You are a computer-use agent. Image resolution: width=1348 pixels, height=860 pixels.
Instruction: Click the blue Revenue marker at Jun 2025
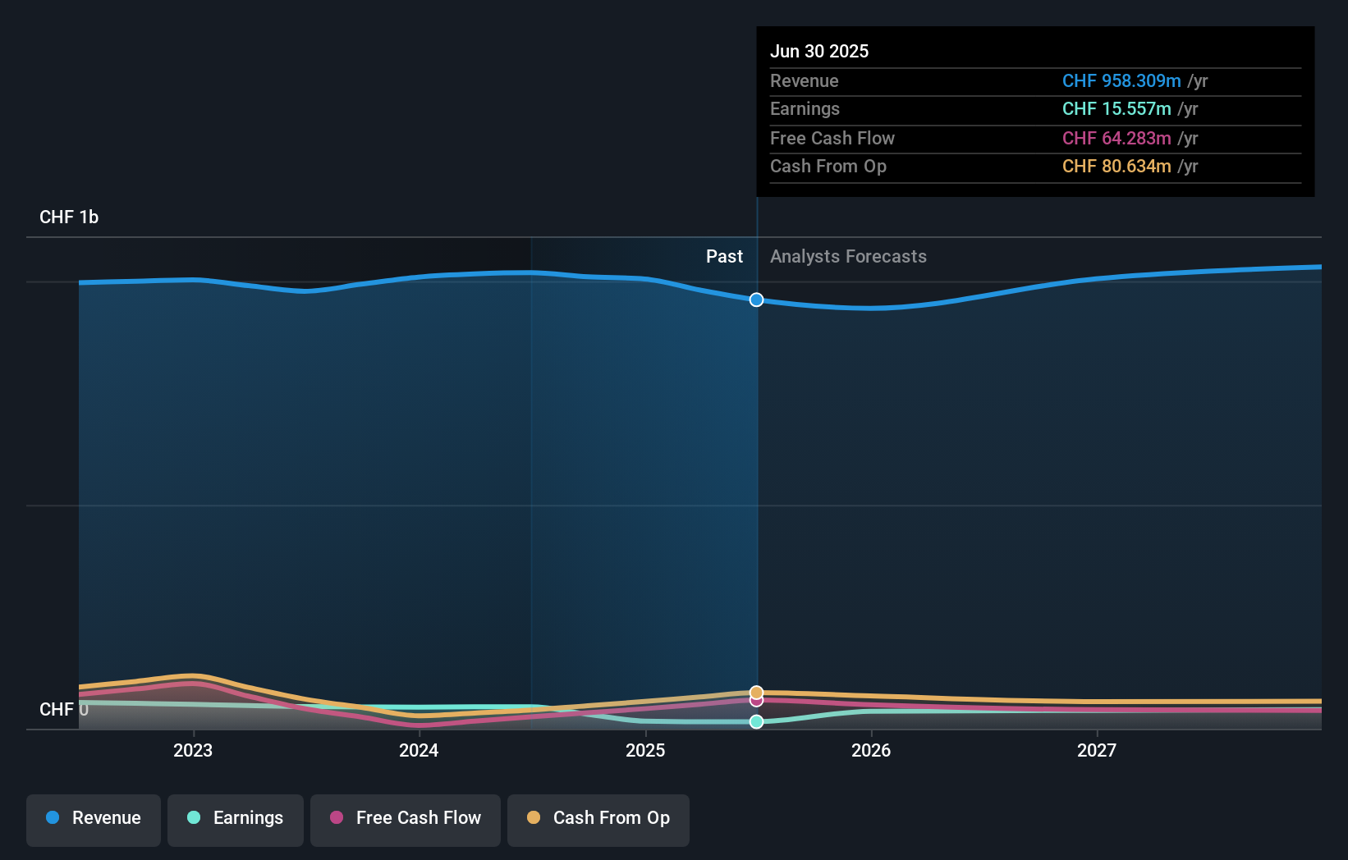(756, 300)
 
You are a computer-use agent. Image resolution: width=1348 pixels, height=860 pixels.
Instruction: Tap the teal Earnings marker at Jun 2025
(756, 721)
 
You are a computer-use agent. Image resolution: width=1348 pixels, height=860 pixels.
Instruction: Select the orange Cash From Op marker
(756, 692)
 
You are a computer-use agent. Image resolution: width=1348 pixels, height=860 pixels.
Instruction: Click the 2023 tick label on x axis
(193, 750)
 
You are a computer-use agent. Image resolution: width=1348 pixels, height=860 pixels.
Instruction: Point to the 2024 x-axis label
(419, 750)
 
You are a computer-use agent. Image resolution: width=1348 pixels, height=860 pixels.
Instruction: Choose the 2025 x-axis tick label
(645, 750)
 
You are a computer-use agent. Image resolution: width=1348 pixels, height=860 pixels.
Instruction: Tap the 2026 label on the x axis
(871, 750)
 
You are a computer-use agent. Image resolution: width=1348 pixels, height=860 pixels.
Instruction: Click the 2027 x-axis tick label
(1097, 750)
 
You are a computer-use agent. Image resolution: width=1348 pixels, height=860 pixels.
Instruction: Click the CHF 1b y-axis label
(69, 217)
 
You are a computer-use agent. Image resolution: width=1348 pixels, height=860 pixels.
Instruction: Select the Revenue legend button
(94, 819)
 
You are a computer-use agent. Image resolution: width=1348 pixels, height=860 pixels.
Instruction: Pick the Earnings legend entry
(236, 819)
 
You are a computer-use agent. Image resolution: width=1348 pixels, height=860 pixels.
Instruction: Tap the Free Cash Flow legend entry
(406, 819)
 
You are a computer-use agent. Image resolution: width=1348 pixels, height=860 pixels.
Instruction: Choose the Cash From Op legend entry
(598, 819)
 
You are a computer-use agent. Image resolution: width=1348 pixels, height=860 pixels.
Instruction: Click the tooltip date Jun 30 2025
(819, 51)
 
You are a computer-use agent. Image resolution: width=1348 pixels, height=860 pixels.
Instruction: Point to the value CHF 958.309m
(1121, 80)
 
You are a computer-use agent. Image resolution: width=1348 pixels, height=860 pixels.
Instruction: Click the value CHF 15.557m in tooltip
(1116, 108)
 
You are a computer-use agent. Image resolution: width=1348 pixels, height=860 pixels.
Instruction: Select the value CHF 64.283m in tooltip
(1116, 138)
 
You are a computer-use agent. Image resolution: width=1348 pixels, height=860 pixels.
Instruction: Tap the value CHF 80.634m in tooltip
(1116, 166)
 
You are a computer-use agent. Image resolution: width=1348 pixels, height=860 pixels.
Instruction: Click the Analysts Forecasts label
(848, 256)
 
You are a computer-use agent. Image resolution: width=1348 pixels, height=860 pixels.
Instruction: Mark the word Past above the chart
(724, 256)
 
